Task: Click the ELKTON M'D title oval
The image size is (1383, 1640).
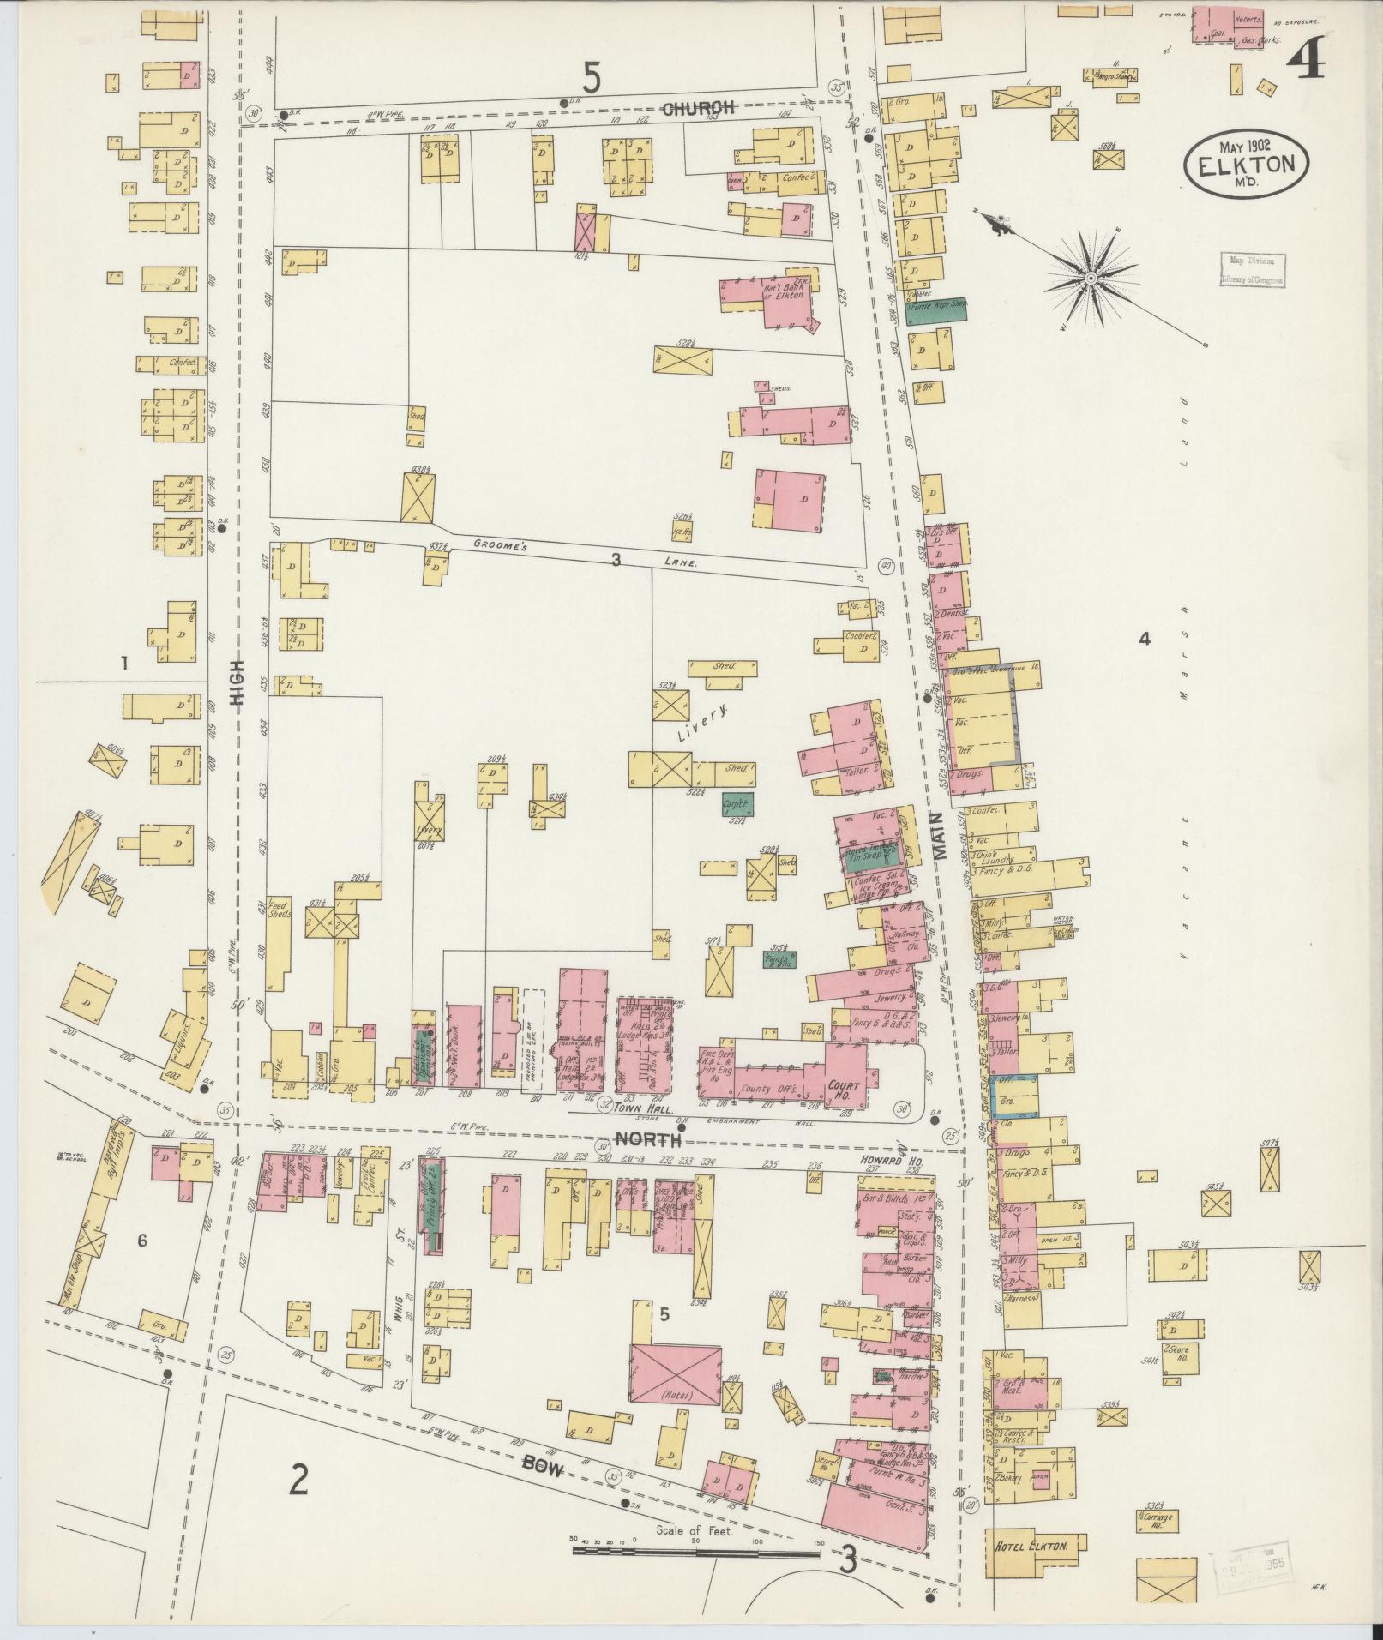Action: point(1247,159)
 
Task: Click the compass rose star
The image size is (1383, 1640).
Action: point(1090,279)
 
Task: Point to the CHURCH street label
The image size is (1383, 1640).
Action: point(700,109)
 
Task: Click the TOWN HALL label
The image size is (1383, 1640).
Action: point(617,1108)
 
